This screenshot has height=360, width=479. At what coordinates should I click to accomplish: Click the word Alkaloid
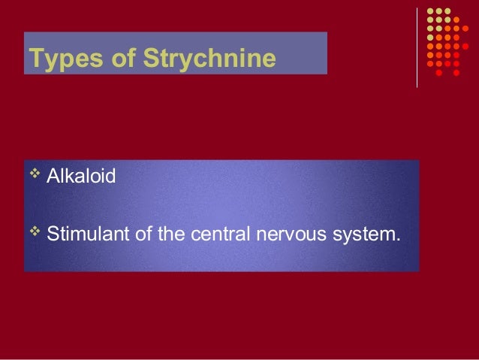81,177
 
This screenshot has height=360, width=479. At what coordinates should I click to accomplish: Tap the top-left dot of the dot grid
430,11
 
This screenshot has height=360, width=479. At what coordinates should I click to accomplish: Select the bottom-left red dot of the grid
439,73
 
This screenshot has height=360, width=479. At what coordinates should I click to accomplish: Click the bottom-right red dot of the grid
456,73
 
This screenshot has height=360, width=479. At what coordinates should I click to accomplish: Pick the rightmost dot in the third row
465,29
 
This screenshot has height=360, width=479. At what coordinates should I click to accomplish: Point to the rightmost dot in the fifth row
465,46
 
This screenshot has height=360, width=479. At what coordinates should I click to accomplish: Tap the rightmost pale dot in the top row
447,11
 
